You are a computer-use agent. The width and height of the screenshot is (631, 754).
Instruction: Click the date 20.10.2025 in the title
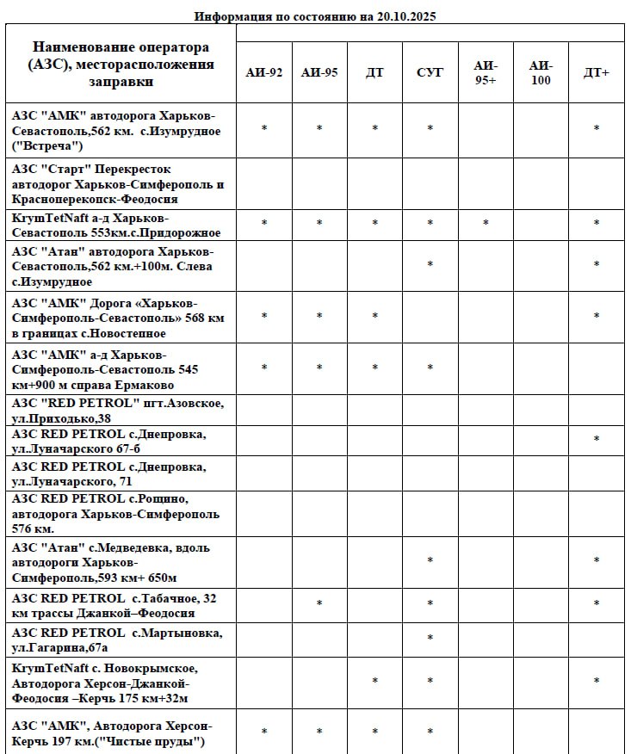[x=407, y=16]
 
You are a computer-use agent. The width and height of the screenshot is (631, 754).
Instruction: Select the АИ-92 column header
[x=264, y=72]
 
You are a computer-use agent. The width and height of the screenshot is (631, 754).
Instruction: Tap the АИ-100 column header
[x=541, y=72]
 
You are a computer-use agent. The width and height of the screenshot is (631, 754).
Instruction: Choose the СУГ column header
[x=430, y=72]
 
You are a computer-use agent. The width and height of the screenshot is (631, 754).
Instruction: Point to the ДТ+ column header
[x=596, y=72]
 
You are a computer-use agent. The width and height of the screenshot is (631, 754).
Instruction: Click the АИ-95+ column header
[x=486, y=72]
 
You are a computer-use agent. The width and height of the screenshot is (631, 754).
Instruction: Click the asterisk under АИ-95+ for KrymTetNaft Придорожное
[x=486, y=224]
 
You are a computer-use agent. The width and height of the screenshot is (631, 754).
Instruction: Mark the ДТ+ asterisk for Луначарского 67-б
[x=596, y=440]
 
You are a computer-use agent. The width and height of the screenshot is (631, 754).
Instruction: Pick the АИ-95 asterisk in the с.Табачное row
[x=319, y=604]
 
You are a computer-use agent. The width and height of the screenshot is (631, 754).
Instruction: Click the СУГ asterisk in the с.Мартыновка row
[x=430, y=639]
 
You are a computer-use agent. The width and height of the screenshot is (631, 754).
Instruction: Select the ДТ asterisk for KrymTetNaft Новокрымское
[x=374, y=682]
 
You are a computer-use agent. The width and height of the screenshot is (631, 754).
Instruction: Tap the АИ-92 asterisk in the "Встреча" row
[x=264, y=129]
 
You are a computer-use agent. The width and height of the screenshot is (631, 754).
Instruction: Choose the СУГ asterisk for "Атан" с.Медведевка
[x=430, y=561]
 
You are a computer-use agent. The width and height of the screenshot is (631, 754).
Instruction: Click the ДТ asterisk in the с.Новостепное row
[x=374, y=317]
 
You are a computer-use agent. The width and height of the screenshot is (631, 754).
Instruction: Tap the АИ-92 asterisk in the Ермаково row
[x=264, y=368]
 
